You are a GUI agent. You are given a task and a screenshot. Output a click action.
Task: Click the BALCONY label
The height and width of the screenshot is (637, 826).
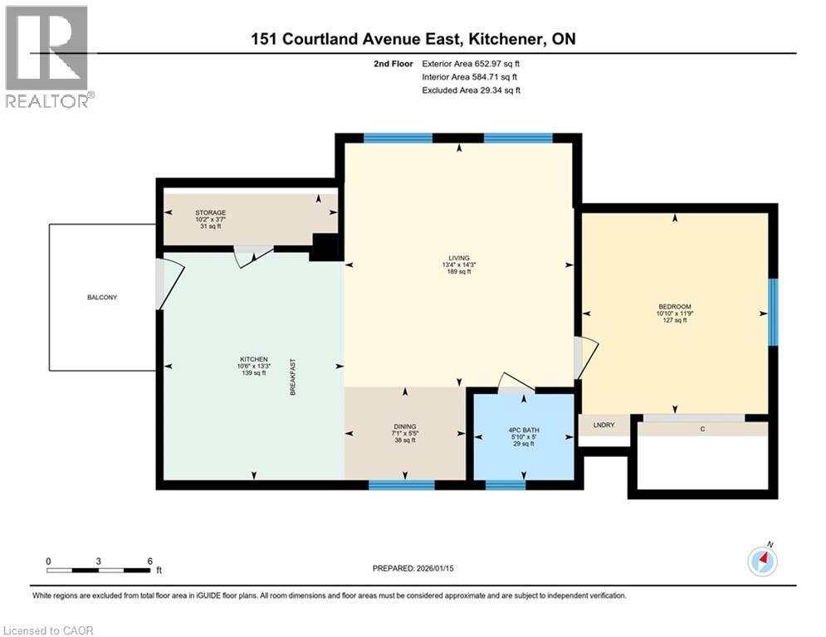pyautogui.click(x=102, y=297)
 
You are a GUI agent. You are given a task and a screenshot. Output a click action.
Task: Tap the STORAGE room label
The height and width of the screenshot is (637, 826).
pyautogui.click(x=210, y=213)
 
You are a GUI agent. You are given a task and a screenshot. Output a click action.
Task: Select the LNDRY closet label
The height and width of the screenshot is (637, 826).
pyautogui.click(x=603, y=425)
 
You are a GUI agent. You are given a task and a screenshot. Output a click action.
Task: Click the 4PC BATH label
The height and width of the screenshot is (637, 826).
pyautogui.click(x=523, y=430)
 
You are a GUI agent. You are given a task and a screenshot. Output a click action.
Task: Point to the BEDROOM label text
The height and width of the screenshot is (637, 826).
pyautogui.click(x=674, y=306)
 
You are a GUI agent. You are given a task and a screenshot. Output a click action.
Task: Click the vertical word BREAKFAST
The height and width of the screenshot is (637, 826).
pyautogui.click(x=292, y=377)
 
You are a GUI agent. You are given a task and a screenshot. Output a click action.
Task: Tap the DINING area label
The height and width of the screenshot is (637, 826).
pyautogui.click(x=405, y=426)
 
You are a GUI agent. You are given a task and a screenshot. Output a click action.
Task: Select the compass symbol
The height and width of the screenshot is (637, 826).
pyautogui.click(x=762, y=562)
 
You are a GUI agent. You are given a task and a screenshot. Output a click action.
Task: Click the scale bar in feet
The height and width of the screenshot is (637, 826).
pyautogui.click(x=99, y=571)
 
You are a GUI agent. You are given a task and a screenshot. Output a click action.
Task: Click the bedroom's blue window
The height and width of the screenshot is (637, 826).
pyautogui.click(x=772, y=312)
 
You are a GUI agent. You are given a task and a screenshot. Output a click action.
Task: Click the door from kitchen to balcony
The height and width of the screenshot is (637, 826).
pyautogui.click(x=169, y=284)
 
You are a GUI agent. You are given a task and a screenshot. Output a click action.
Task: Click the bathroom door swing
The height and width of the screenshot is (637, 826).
pyautogui.click(x=515, y=382)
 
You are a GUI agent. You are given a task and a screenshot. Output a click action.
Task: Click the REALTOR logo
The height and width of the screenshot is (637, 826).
pyautogui.click(x=47, y=56)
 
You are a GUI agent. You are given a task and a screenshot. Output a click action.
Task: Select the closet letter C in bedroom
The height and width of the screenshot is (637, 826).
pyautogui.click(x=702, y=429)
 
